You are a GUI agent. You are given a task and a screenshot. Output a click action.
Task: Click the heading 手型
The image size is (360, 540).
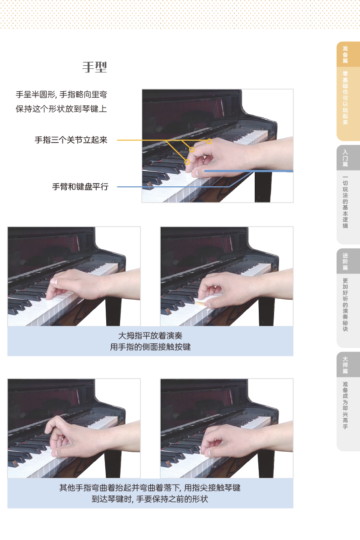point(94,67)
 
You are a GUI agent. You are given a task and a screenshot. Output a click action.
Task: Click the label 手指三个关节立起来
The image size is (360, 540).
point(71,140)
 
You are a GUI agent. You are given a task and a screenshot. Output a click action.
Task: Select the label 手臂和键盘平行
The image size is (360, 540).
point(80,187)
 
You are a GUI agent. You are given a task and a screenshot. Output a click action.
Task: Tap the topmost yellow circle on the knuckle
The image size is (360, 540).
point(209,141)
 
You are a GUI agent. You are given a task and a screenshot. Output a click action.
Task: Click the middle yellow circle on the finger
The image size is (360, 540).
point(192,150)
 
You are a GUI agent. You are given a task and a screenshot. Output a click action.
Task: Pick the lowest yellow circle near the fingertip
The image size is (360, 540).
point(187,162)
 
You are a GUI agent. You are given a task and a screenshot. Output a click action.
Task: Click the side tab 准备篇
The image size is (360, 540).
point(345,54)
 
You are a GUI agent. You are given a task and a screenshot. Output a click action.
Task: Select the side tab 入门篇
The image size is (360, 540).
point(345,158)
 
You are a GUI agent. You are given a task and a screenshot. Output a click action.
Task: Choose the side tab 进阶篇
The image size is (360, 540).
point(345,261)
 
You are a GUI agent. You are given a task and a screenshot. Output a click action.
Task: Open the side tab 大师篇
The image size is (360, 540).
point(345,365)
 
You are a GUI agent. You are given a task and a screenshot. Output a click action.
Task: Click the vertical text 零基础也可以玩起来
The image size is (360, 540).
point(345,98)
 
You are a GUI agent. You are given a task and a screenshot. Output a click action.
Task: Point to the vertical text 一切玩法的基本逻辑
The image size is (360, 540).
point(345,202)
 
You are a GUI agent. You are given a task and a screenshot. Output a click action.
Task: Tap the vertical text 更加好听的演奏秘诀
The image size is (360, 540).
point(345,305)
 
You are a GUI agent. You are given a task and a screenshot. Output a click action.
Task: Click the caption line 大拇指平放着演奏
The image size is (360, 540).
point(150,336)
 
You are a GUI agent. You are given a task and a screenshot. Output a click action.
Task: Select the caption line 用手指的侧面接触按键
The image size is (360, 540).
point(150,347)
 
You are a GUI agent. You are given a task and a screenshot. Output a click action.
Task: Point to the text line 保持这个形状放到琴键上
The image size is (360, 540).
point(61,109)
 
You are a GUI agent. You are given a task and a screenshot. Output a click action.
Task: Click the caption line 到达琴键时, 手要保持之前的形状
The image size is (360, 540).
point(150,499)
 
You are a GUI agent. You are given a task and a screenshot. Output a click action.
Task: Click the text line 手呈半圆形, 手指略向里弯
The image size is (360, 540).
point(61,94)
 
